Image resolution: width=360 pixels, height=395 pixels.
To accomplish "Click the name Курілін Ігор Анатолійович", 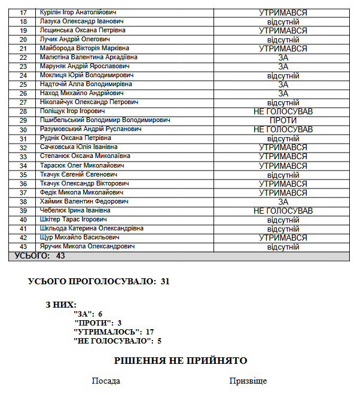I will point(86,12).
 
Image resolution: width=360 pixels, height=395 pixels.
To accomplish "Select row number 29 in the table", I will point(23,120).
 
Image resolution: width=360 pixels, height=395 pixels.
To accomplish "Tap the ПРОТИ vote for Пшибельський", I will point(283,120).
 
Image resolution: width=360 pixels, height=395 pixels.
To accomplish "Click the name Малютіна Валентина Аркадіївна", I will point(89,57).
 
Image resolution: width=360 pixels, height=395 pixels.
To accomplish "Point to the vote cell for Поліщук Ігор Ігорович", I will point(283,111).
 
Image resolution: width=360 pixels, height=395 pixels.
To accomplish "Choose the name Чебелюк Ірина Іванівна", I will point(75,211).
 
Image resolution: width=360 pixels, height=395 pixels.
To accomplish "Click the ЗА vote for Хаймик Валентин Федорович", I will point(283,202).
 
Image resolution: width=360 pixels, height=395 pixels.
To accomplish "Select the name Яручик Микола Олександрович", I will point(87,247).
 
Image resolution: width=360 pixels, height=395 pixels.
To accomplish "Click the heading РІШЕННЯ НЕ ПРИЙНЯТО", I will point(181,361).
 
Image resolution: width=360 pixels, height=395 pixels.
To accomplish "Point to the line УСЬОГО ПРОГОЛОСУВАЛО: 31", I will point(99,281).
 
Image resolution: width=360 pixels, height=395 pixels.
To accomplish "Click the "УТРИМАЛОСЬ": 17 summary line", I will point(114,332).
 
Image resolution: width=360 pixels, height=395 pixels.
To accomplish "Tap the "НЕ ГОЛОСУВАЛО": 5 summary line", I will point(117,341).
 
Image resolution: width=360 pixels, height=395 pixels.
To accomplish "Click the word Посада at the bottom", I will point(106,381).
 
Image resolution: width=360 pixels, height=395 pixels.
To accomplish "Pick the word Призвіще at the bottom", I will point(248,381).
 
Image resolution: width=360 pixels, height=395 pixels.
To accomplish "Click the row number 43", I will point(23,247).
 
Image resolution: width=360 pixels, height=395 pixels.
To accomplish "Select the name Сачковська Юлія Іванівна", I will point(78,147).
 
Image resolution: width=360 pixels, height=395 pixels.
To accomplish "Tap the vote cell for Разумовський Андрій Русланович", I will point(283,129).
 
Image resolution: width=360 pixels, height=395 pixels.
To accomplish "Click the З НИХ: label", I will point(61,304).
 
